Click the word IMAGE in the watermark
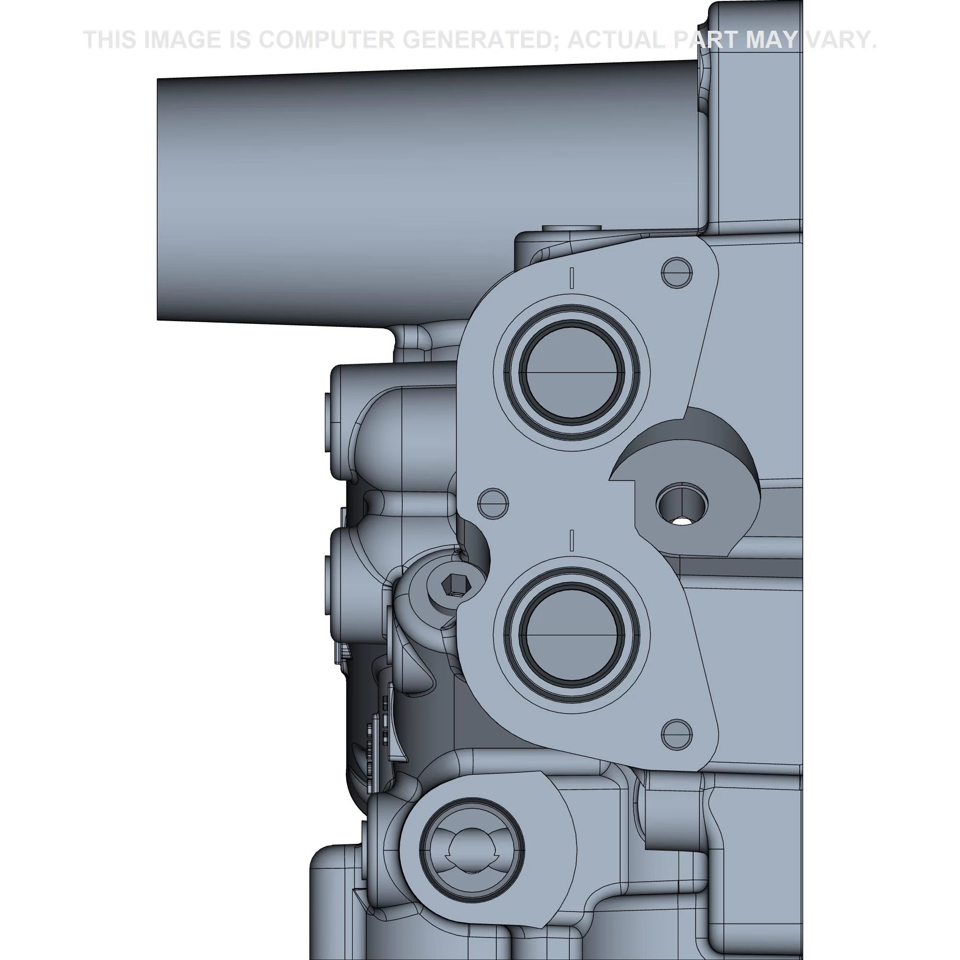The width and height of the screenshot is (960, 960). tap(182, 40)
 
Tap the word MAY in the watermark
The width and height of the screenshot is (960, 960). tap(771, 40)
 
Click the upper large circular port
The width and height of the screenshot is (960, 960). tap(571, 372)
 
